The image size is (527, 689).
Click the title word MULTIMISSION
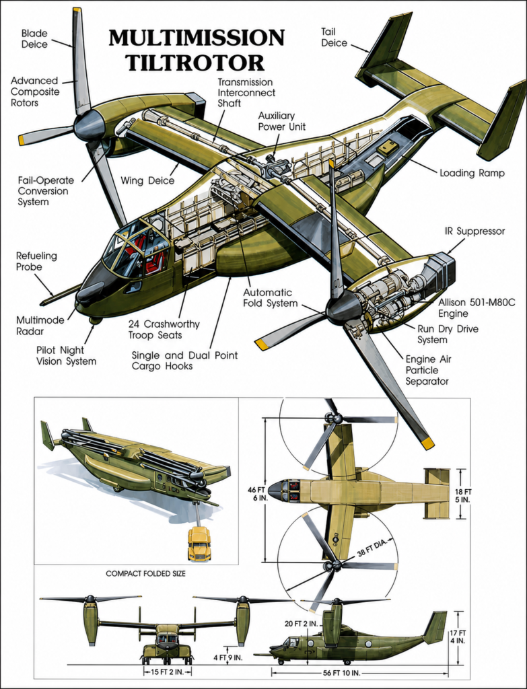point(197,38)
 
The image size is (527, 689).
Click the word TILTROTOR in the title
point(196,63)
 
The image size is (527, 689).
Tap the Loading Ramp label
point(472,173)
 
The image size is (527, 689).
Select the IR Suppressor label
point(475,231)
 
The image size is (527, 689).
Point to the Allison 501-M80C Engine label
point(477,308)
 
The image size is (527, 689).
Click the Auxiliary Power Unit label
point(282,121)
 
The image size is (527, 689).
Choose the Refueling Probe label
point(36,261)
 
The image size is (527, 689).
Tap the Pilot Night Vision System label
point(67,355)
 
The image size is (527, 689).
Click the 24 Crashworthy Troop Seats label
point(164,330)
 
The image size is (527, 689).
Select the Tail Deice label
point(334,38)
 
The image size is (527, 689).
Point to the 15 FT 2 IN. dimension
point(168,672)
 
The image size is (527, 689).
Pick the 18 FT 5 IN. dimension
point(463,496)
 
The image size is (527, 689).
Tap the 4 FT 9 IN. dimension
point(227,658)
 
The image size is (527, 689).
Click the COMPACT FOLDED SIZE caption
point(145,573)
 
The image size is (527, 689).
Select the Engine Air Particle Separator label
point(428,370)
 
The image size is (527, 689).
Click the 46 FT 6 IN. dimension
point(258,494)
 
